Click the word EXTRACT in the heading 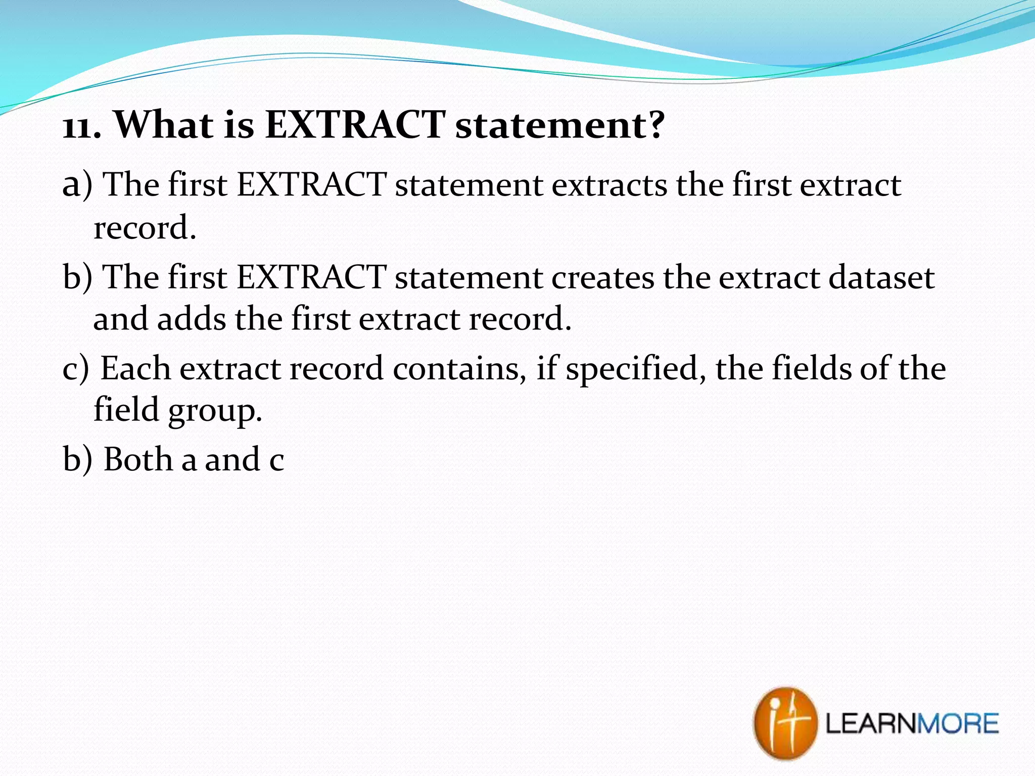tap(355, 125)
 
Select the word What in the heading tap(164, 125)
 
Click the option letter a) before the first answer tap(77, 185)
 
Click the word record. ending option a tap(145, 228)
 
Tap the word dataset tap(881, 278)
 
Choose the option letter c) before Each tap(76, 369)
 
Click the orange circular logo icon tap(785, 722)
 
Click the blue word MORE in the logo tap(958, 723)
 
